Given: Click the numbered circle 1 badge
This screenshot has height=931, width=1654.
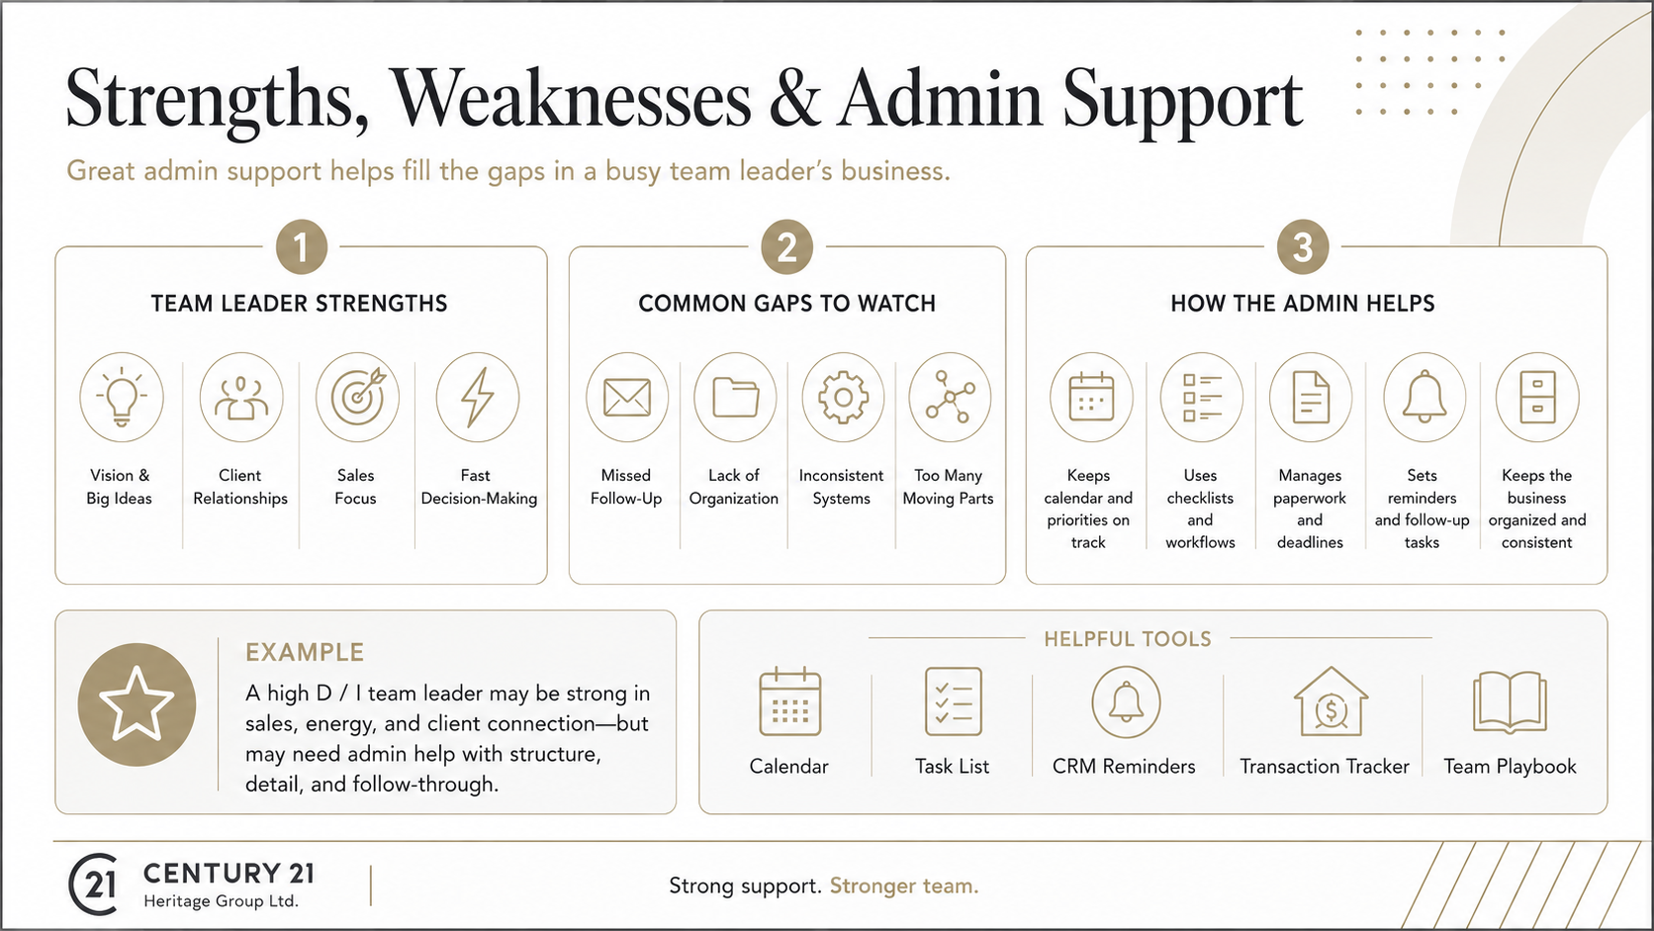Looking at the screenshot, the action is coord(302,246).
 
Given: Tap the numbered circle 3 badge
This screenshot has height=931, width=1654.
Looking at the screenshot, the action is coord(1303,246).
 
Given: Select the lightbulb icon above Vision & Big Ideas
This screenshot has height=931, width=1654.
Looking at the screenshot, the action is coord(122,397).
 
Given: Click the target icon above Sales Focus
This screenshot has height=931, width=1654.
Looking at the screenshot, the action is coord(357,397).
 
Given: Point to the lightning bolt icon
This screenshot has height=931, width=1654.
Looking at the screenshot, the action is coord(477,397).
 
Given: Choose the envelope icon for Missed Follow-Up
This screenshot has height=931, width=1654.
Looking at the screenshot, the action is coord(627,397).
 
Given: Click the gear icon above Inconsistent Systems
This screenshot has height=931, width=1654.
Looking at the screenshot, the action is coord(843,397).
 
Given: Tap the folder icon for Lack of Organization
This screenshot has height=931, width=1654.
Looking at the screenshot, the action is coord(735,397).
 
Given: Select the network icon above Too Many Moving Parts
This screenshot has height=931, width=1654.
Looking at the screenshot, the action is coord(951,397).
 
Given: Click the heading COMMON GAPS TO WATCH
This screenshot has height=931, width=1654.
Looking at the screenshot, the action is coord(787,304).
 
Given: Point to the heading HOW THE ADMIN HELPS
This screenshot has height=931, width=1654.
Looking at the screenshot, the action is coord(1303,304).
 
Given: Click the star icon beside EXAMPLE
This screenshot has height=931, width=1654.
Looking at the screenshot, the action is coord(137,703).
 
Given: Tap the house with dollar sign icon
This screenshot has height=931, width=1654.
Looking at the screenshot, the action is coord(1331,702).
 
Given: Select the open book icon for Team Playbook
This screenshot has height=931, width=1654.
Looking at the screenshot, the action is coord(1510,702).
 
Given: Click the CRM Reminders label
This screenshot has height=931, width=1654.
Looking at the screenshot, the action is coord(1124,767).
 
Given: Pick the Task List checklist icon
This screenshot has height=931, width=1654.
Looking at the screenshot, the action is coord(954,701).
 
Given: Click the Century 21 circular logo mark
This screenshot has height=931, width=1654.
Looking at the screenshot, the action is coord(94,884).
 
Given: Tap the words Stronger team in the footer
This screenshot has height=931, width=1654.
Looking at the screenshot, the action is coord(904,885).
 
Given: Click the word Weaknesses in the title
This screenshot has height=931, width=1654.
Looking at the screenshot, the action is coord(569,99).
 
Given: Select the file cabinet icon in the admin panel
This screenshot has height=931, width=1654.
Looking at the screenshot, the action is coord(1537,397).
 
